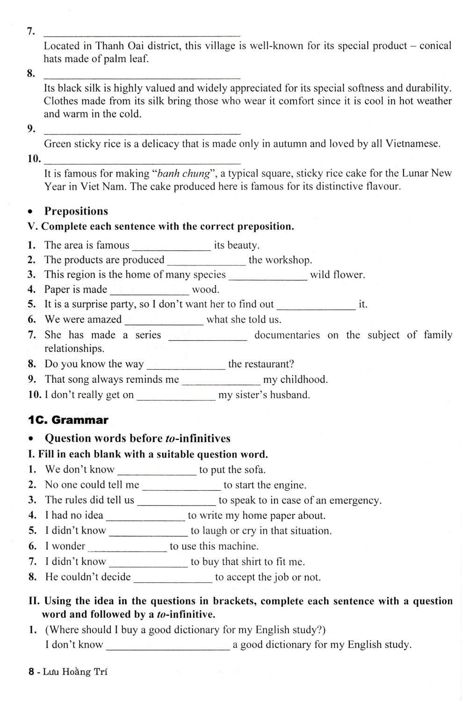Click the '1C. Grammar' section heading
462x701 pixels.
[x=68, y=420]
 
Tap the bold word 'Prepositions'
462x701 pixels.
[x=76, y=211]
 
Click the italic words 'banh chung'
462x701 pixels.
[x=183, y=173]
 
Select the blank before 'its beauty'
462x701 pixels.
[x=172, y=247]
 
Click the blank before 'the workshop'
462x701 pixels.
[x=206, y=261]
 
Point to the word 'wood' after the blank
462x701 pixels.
[x=205, y=290]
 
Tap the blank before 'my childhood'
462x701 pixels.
[x=221, y=380]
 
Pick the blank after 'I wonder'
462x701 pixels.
[x=127, y=547]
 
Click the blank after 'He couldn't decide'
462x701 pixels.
[x=173, y=578]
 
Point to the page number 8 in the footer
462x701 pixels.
[x=31, y=672]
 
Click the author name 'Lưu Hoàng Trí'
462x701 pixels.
[x=75, y=672]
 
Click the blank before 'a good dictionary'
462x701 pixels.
[x=168, y=646]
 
